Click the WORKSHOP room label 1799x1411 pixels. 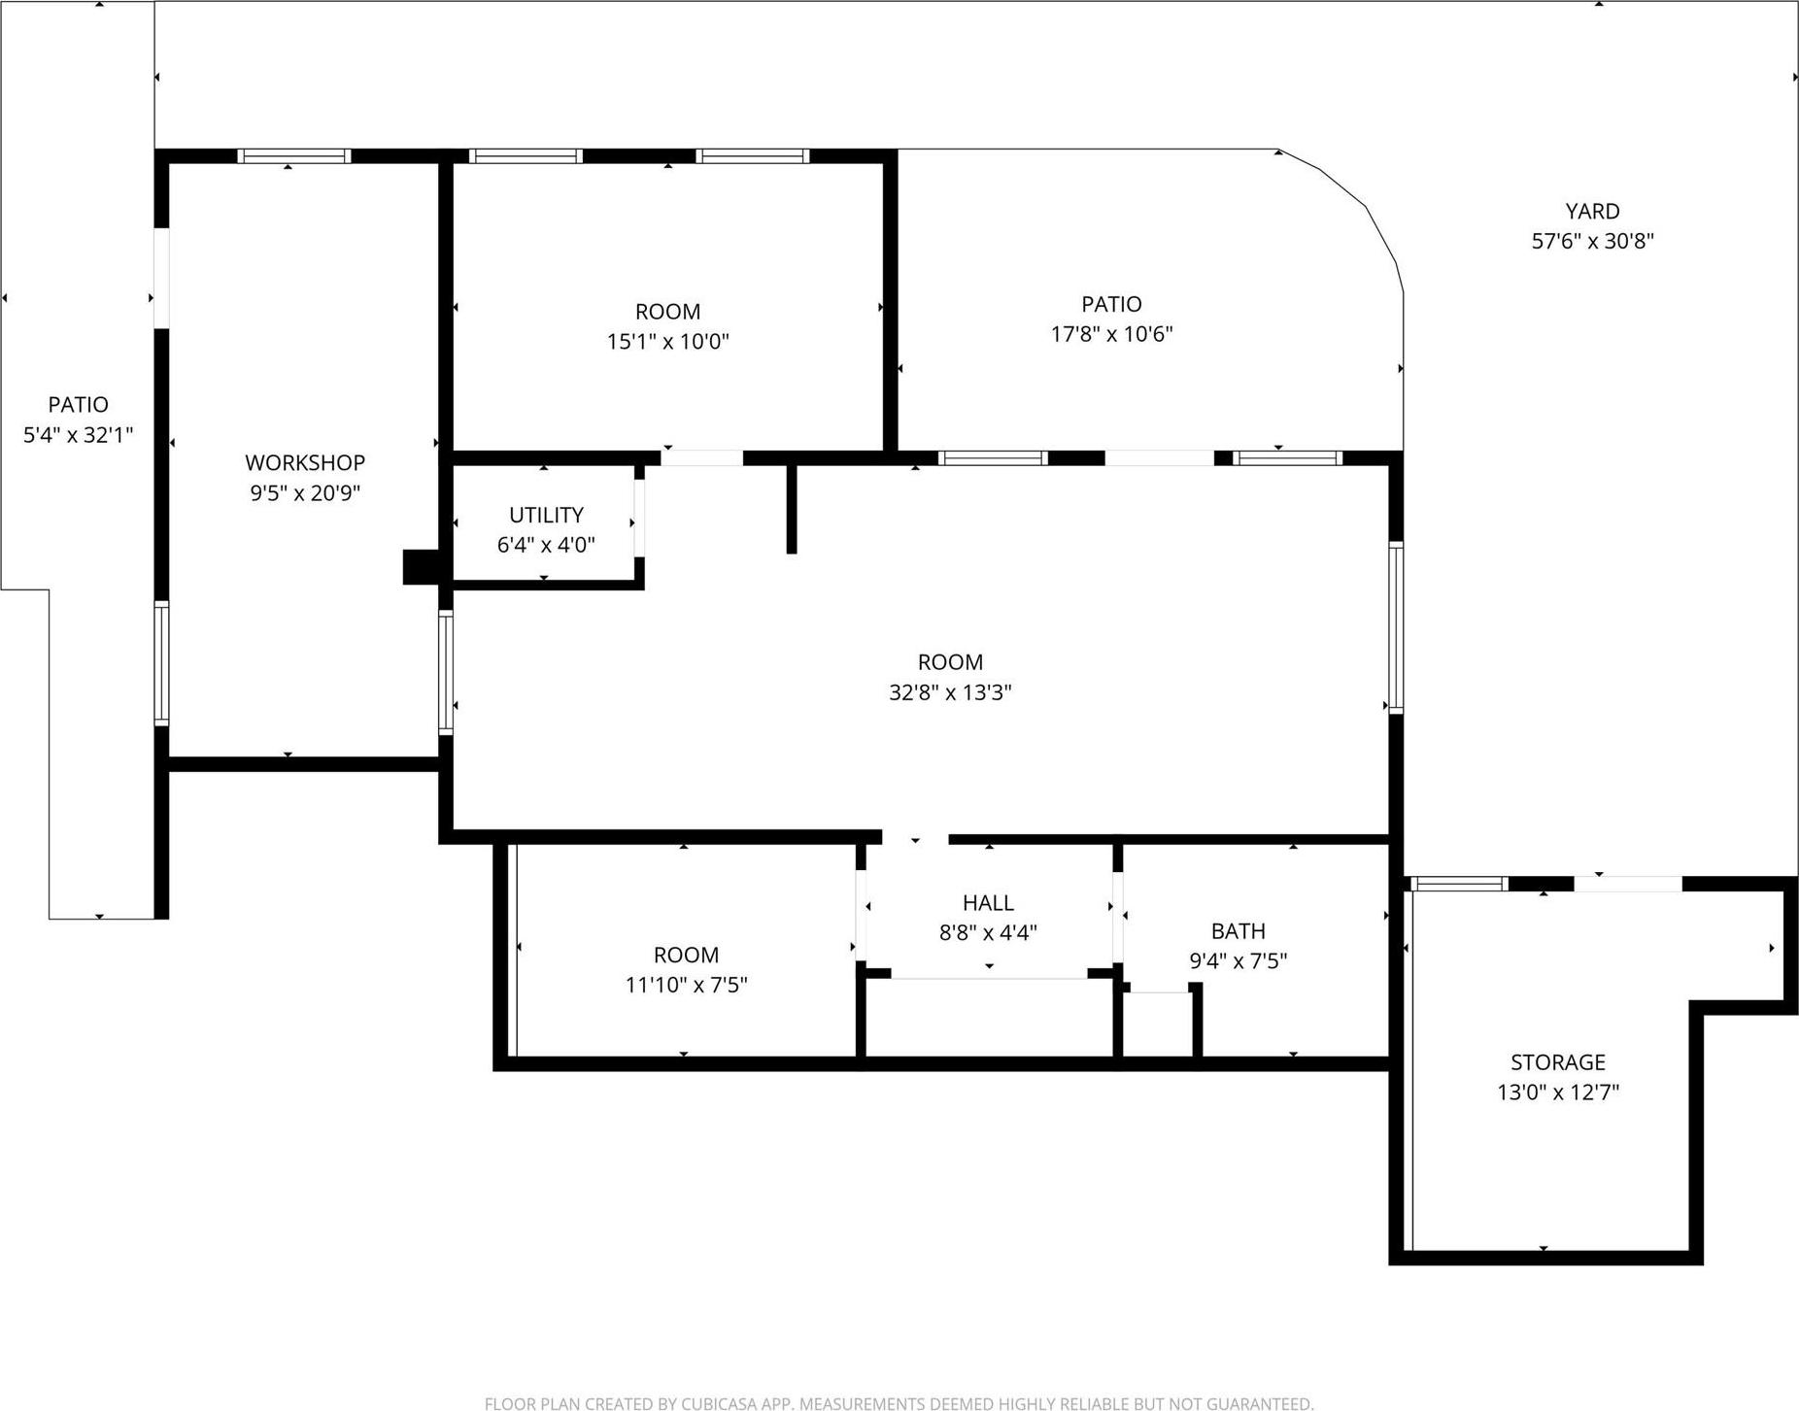click(x=304, y=463)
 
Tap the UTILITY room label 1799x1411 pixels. click(x=546, y=515)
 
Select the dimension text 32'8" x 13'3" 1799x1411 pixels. click(x=950, y=692)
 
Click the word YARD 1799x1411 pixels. click(x=1592, y=211)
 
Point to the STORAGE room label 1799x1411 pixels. click(x=1557, y=1062)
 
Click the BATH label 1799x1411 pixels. click(x=1238, y=931)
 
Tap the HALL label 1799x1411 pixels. click(x=988, y=903)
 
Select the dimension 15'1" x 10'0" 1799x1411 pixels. click(x=667, y=342)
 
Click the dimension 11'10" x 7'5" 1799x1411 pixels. click(x=686, y=985)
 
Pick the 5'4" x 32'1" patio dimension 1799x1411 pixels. click(x=78, y=435)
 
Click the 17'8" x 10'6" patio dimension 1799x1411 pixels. click(x=1111, y=334)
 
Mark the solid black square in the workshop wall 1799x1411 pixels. click(x=421, y=567)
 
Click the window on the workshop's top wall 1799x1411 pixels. click(x=293, y=155)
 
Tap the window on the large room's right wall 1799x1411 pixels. click(x=1396, y=627)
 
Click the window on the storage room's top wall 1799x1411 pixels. click(x=1458, y=884)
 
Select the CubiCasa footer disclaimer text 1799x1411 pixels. click(x=899, y=1403)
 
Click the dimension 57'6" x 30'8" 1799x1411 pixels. click(x=1592, y=241)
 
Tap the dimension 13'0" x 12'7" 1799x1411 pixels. click(x=1557, y=1092)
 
